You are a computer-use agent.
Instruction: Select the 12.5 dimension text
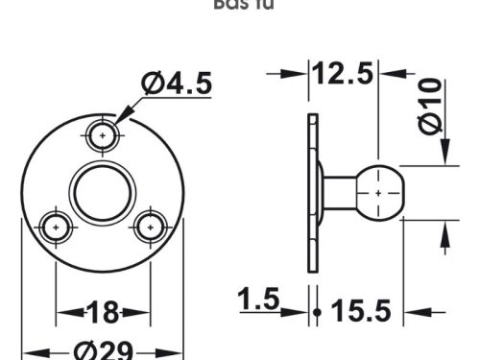(342, 73)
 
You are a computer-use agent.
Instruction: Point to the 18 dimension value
(103, 312)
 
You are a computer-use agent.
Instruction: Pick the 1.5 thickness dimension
(258, 300)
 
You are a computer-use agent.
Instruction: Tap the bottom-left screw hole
(57, 228)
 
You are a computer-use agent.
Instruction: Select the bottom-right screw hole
(149, 228)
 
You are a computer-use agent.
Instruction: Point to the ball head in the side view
(380, 192)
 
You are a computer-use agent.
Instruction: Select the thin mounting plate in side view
(312, 192)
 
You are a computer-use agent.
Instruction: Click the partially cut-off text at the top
(240, 5)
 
